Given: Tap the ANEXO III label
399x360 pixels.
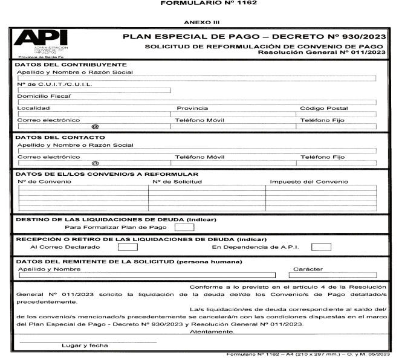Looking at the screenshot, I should pos(199,23).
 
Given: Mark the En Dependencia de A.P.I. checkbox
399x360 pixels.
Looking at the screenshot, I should pos(324,246).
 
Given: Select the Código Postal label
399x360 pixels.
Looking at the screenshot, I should pos(324,109).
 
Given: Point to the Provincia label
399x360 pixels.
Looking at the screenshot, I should pos(192,109).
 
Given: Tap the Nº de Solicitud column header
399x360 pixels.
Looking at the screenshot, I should pos(177,181).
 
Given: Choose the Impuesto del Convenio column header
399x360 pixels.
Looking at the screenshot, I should pos(308,181).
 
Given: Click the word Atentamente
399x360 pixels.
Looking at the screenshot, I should pos(212,332).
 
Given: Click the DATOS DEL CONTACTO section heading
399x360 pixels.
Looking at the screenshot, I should pos(53,138).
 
